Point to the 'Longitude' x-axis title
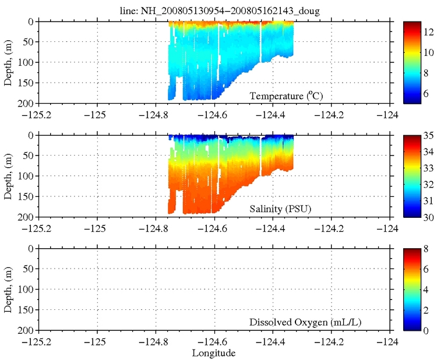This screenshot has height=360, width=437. (214, 353)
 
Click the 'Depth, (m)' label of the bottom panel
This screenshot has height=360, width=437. (8, 290)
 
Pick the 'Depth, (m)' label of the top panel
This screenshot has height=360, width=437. (8, 62)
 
